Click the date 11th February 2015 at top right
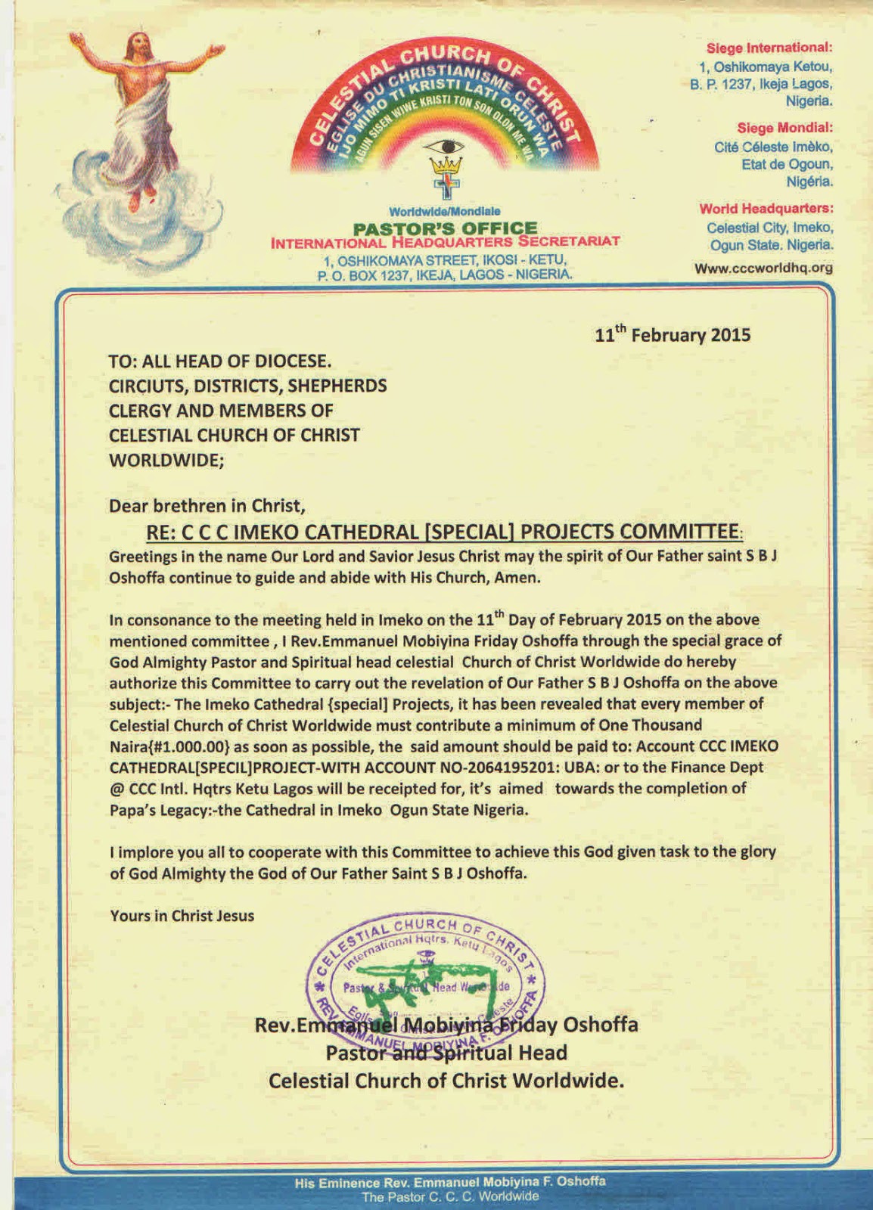pyautogui.click(x=672, y=334)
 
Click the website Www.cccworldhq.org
pyautogui.click(x=763, y=268)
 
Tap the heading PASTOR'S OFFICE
pyautogui.click(x=446, y=228)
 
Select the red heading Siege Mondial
pyautogui.click(x=784, y=128)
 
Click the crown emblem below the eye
pyautogui.click(x=446, y=165)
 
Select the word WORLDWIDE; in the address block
pyautogui.click(x=166, y=460)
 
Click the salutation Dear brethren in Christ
pyautogui.click(x=207, y=505)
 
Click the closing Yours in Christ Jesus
pyautogui.click(x=182, y=916)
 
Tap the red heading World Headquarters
pyautogui.click(x=766, y=209)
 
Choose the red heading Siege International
pyautogui.click(x=769, y=48)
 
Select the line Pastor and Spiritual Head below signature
pyautogui.click(x=446, y=1053)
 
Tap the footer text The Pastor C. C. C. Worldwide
pyautogui.click(x=450, y=1196)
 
